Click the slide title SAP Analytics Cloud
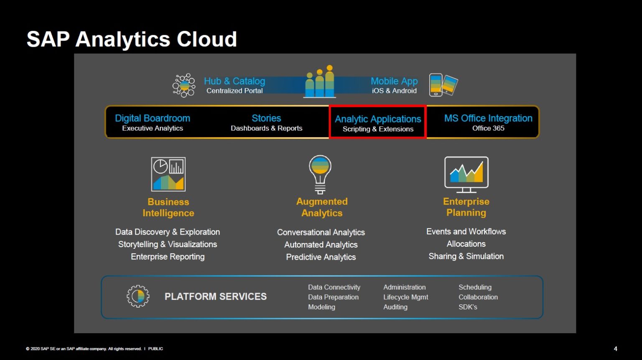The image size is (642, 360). click(x=132, y=39)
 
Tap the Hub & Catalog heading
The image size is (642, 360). click(x=234, y=81)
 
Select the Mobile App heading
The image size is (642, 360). click(x=394, y=81)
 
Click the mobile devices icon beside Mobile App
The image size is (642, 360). click(x=443, y=85)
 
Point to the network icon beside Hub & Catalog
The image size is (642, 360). click(x=184, y=85)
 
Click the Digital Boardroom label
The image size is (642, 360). click(x=153, y=118)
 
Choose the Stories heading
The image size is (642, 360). click(x=266, y=118)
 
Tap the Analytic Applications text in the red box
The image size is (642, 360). click(x=378, y=119)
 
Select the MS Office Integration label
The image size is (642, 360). click(x=488, y=118)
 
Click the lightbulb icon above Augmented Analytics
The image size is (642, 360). click(x=320, y=174)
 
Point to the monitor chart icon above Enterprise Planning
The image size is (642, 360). click(x=466, y=174)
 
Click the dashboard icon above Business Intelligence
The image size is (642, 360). click(x=168, y=174)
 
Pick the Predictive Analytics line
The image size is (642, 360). click(x=321, y=257)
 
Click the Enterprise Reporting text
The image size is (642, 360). click(x=168, y=257)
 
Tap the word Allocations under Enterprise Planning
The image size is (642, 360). click(x=466, y=244)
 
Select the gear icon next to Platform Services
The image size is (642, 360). click(x=138, y=296)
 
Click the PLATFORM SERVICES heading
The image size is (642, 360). click(x=216, y=296)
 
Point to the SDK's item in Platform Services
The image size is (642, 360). click(x=468, y=307)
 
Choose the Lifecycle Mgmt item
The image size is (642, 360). click(x=405, y=297)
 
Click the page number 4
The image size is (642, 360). click(x=615, y=349)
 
